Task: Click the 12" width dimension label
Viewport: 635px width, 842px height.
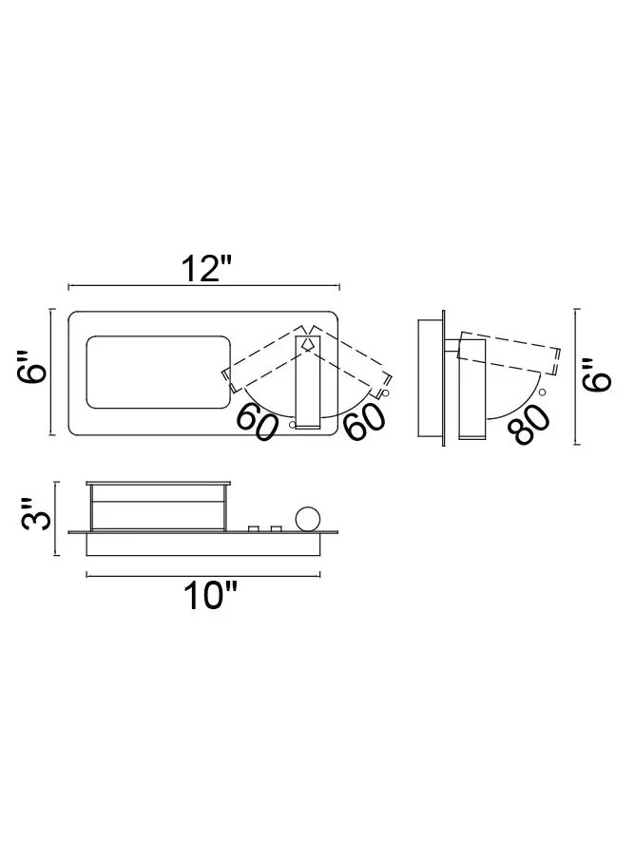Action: [x=207, y=269]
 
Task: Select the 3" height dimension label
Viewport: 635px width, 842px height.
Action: [x=36, y=513]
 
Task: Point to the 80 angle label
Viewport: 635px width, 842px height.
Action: [x=531, y=424]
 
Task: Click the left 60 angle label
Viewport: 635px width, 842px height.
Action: [x=258, y=422]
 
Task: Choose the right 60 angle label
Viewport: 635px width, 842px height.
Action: [x=365, y=422]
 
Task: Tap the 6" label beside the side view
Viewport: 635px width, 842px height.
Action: [x=596, y=374]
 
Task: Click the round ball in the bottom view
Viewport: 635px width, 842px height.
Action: [x=308, y=519]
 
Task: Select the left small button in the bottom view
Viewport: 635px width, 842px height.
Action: [x=254, y=529]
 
